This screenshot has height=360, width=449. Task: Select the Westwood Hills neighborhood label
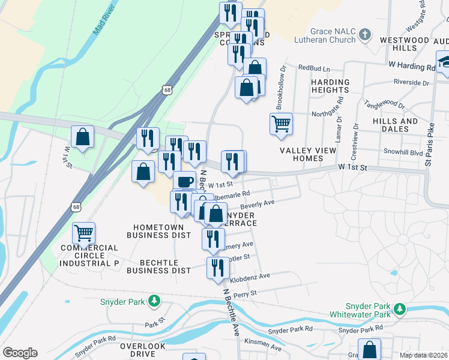405,44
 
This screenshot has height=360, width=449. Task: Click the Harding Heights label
330,86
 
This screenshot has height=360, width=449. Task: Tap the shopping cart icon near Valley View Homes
281,124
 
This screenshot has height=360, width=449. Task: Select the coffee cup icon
184,181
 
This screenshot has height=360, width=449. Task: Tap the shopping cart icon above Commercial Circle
83,232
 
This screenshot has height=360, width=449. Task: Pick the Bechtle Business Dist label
157,266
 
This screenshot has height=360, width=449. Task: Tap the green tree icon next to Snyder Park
154,300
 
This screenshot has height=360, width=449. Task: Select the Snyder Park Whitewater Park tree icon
399,310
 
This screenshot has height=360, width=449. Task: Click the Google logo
20,353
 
